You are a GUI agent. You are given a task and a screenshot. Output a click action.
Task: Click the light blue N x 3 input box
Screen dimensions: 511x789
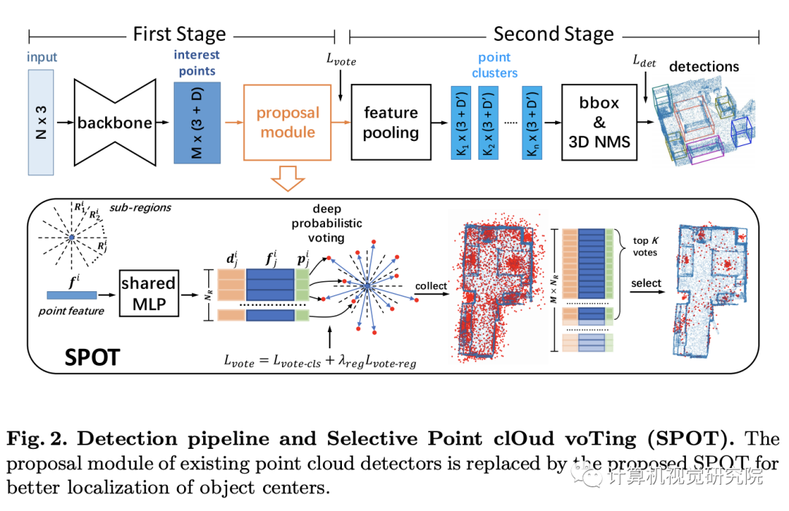[x=41, y=122]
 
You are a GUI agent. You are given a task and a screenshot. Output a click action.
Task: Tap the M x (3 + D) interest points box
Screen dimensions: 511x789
[x=197, y=122]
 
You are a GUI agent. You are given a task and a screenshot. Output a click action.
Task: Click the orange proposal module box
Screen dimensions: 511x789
[x=287, y=122]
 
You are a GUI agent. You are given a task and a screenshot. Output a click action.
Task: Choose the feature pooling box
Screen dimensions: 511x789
[x=391, y=122]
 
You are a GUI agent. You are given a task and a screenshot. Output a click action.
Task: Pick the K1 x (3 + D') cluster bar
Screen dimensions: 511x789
[x=462, y=122]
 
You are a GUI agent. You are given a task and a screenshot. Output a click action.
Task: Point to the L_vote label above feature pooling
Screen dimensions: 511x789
[x=341, y=61]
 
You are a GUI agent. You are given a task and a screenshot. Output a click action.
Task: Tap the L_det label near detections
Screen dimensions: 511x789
[x=644, y=63]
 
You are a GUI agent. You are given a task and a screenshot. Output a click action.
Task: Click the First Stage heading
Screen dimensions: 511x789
[x=179, y=34]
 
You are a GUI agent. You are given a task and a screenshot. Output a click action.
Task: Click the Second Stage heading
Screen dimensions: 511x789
[x=553, y=34]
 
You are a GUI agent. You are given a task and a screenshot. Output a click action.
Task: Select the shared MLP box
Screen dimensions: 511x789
[x=148, y=293]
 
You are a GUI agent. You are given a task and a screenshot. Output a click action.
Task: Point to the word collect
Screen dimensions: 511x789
[x=430, y=286]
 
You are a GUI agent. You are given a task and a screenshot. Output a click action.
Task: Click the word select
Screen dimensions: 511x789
[x=647, y=283]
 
